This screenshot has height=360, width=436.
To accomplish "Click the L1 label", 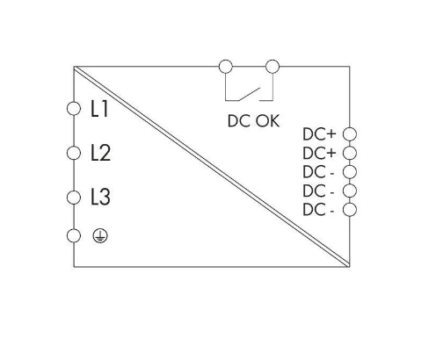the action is pos(99,109).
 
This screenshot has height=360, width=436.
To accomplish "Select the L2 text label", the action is pos(100,153).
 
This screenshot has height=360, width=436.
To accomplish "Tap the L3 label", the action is pos(100,197).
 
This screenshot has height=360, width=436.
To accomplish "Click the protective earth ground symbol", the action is pos(100,236).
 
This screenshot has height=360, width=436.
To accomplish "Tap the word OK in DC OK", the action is pos(267,121).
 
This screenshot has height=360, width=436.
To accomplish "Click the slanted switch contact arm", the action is pos(250,94).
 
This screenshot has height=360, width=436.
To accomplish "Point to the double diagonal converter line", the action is pos(212,167).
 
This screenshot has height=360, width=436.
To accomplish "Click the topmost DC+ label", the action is pos(319,134).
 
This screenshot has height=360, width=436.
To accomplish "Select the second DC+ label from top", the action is pos(319,153).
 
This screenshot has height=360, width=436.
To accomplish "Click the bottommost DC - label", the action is pos(318,210).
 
